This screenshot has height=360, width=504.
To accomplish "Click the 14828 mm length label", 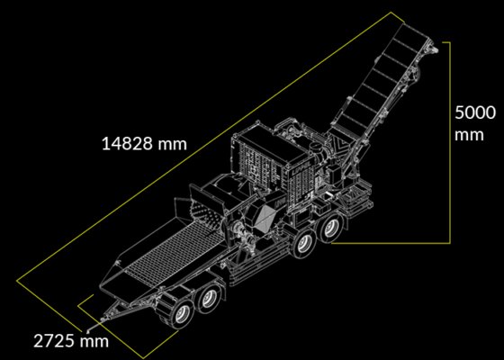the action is coord(144,144).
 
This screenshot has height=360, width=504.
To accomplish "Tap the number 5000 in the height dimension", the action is coord(475,112).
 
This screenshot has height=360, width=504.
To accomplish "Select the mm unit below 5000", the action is coord(469,135).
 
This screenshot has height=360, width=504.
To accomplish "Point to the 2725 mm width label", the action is coord(71,341).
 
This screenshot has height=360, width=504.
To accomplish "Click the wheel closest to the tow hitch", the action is coord(182,313).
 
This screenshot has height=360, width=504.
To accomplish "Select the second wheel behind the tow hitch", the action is coord(210,299).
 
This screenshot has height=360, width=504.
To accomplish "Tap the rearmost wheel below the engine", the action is coord(329,229).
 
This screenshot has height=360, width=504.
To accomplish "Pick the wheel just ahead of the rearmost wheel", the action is coord(304,244).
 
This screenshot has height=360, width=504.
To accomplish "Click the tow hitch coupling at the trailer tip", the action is coord(103,319).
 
